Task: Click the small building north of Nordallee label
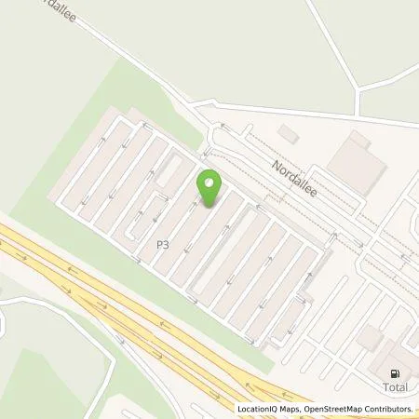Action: point(289,135)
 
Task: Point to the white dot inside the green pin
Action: point(209,182)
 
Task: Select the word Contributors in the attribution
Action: point(388,409)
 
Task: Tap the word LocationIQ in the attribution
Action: point(256,409)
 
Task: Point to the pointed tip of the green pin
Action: point(209,206)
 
